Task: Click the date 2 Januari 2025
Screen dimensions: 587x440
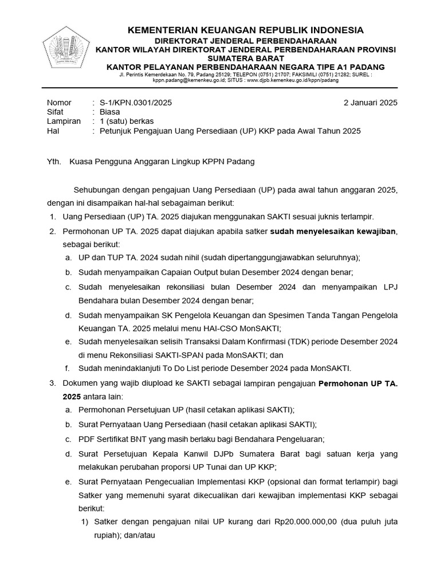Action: [370, 103]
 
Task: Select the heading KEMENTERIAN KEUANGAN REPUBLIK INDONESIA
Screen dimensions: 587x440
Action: [245, 30]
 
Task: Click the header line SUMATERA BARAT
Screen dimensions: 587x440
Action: [245, 58]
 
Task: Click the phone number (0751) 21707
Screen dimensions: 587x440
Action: [274, 75]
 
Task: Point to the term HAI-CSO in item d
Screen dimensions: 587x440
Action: [200, 328]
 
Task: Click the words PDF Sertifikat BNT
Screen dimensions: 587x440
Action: [119, 439]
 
